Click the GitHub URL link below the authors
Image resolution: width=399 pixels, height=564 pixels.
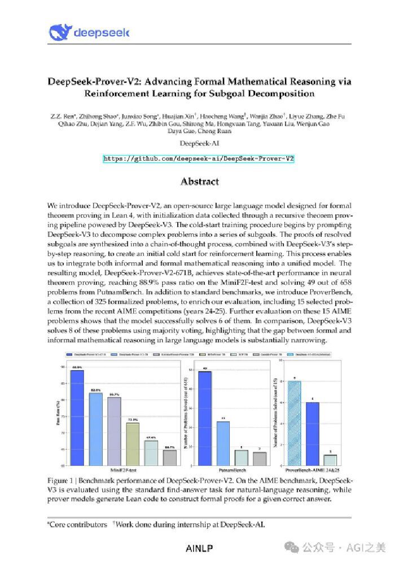199,159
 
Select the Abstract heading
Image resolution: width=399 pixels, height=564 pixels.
199,182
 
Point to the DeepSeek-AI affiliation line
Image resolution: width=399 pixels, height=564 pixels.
199,144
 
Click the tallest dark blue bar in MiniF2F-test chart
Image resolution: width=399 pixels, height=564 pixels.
77,418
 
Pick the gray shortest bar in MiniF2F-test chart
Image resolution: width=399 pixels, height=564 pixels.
169,457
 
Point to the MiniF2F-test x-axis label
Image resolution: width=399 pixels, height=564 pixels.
124,469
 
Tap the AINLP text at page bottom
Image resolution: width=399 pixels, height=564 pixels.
199,548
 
